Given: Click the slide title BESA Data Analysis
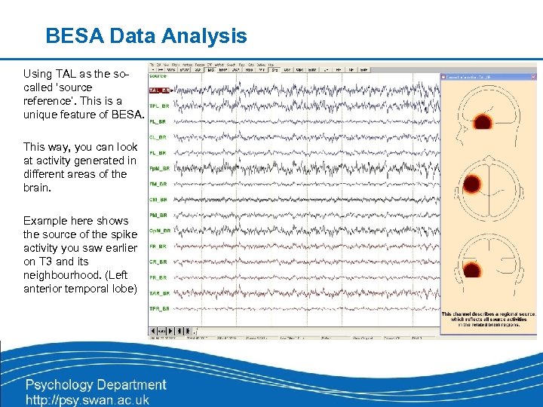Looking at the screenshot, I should click(x=146, y=35).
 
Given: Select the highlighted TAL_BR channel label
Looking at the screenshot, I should click(x=158, y=90).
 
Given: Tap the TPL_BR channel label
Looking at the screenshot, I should click(x=158, y=106).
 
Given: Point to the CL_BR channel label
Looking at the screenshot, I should click(x=158, y=137).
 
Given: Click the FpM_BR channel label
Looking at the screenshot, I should click(x=158, y=168).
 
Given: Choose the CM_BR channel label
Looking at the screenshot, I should click(x=158, y=199).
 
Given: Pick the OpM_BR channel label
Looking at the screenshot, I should click(x=158, y=231).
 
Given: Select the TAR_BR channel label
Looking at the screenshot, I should click(x=158, y=293).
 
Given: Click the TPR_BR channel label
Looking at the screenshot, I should click(x=158, y=309).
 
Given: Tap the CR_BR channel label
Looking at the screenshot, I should click(x=158, y=262).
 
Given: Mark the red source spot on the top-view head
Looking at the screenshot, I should click(x=471, y=184).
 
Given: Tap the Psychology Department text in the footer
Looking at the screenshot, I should click(x=96, y=385).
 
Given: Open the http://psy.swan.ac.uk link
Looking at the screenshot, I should click(x=87, y=399).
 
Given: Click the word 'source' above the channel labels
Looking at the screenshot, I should click(x=158, y=75).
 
